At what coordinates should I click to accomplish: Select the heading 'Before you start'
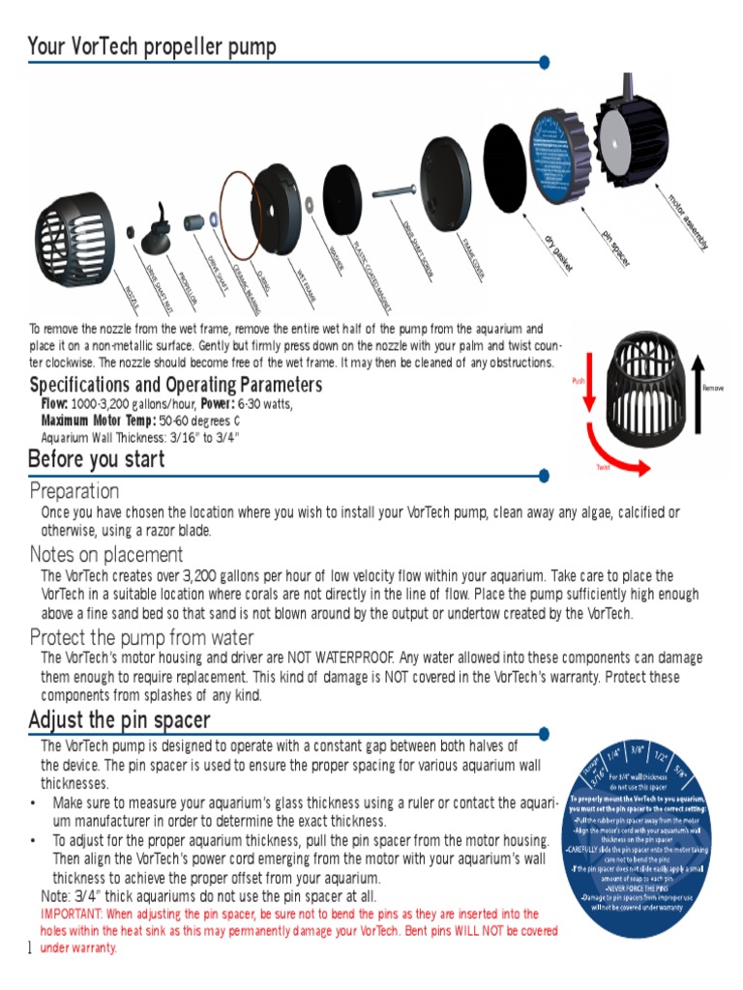(97, 459)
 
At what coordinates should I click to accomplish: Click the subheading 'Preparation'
(74, 491)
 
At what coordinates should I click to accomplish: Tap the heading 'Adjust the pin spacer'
(119, 721)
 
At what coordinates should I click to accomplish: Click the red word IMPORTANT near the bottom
(72, 914)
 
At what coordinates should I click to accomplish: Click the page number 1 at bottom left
(30, 946)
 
